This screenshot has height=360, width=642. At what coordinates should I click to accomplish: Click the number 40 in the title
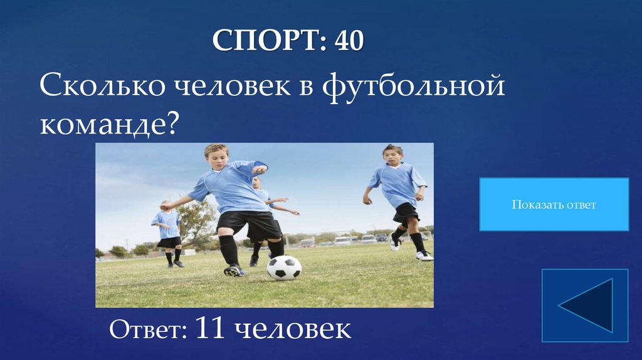pyautogui.click(x=349, y=41)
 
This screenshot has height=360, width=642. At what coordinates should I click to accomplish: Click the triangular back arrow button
pyautogui.click(x=585, y=305)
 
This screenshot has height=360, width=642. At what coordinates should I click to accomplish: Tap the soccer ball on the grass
pyautogui.click(x=284, y=267)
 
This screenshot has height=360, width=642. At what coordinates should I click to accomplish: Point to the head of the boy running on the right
pyautogui.click(x=392, y=155)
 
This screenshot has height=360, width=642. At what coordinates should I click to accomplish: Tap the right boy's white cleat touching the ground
pyautogui.click(x=424, y=255)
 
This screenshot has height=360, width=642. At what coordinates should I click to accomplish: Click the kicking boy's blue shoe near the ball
pyautogui.click(x=234, y=270)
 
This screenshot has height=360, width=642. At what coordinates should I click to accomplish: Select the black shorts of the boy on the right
pyautogui.click(x=406, y=213)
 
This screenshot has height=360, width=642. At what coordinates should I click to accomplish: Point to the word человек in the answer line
pyautogui.click(x=292, y=329)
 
